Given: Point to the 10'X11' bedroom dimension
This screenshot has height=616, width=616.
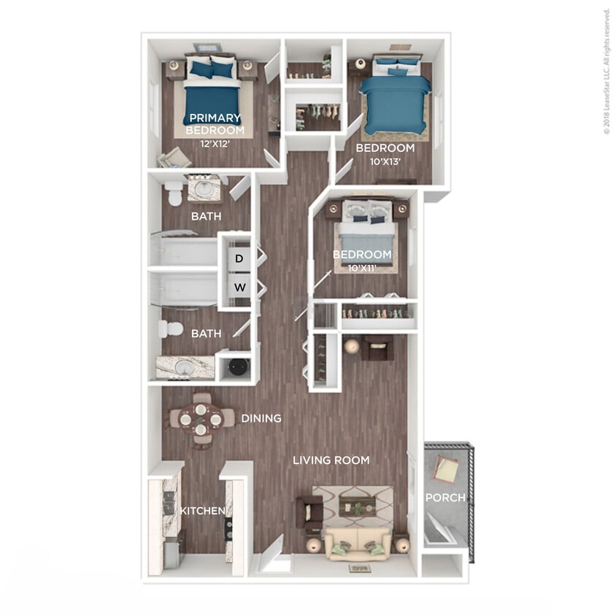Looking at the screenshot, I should coord(362,267).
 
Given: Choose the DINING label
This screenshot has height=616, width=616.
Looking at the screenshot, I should coord(261,418).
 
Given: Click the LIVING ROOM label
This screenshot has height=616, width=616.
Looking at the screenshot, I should coord(331,460).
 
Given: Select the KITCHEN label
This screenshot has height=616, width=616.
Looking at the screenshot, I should coord(202,510).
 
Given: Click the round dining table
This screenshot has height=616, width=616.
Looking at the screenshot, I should coord(201,418).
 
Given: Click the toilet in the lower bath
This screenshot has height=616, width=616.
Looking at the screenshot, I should coord(172,328).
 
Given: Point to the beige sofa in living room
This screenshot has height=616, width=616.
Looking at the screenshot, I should coord(358,544).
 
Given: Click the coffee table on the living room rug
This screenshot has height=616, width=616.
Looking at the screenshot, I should coord(358,504).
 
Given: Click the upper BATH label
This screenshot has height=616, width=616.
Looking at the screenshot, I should coord(206,217).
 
